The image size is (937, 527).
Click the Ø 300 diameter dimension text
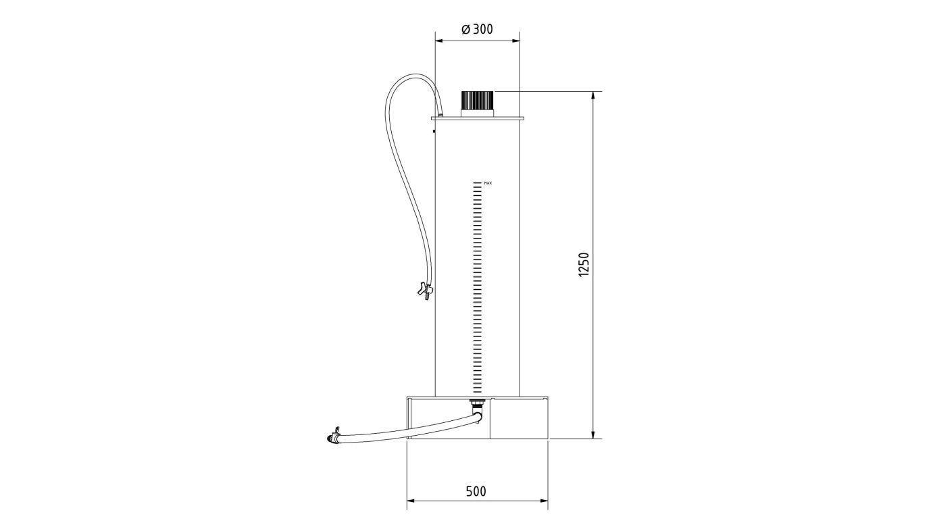point(478,29)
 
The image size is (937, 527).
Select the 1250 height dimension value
point(583,264)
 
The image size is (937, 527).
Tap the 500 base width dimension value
point(476,491)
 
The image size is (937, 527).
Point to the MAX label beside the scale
point(488,183)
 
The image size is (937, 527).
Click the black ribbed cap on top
point(478,99)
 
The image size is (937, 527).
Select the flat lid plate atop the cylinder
point(478,118)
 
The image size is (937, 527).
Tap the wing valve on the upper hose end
point(425,291)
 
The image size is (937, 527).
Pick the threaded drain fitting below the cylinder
point(476,403)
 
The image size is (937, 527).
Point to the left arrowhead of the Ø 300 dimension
point(439,41)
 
